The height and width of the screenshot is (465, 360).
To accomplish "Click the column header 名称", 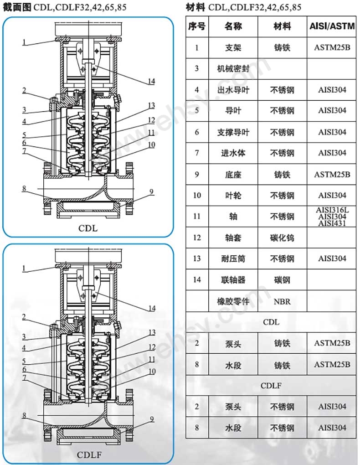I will coord(233,26).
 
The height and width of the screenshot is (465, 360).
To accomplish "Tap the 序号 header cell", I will coord(197,26).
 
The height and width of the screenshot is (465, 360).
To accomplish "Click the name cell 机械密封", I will coord(233,68).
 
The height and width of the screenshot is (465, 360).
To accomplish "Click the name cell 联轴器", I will coord(233,279).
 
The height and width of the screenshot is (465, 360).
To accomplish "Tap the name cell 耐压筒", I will coord(233,258).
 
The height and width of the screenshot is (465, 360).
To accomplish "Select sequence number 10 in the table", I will coord(197,196).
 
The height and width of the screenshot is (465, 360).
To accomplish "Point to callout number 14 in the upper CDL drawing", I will coord(151,82).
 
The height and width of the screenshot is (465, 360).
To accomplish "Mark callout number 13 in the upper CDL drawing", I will coord(151,105).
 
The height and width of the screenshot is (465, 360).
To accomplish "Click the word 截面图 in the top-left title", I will coord(18,7).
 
